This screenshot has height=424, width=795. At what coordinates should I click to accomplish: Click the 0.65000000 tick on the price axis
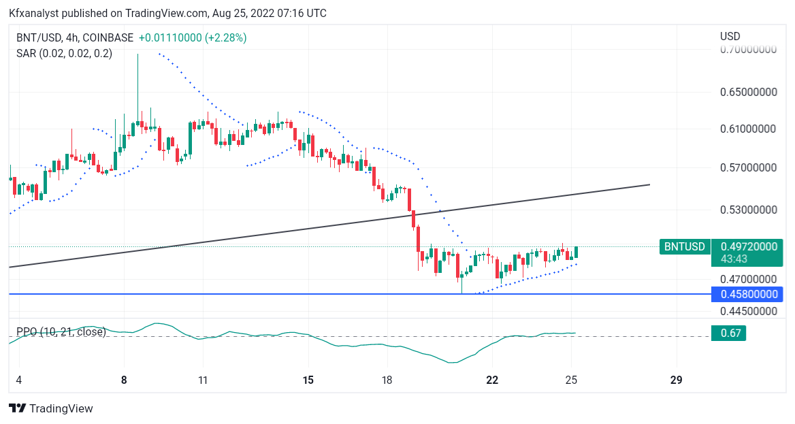tap(748, 93)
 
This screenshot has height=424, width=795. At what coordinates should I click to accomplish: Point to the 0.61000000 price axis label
tap(748, 129)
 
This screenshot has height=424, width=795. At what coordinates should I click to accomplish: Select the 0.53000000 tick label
tap(748, 210)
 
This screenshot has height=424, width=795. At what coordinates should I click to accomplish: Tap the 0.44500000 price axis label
tap(748, 311)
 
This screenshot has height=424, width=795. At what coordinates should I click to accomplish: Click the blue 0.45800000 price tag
tap(747, 294)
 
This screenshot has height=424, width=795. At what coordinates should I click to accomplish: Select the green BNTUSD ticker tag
tap(685, 246)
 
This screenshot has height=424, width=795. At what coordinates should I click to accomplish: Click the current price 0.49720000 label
tap(748, 246)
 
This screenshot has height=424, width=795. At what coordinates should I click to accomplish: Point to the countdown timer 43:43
tap(734, 259)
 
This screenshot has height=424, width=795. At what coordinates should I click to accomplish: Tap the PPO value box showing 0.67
tap(728, 333)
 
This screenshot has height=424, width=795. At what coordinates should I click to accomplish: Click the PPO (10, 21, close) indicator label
tap(61, 331)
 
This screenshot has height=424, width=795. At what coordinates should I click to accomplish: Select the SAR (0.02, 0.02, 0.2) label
tap(65, 53)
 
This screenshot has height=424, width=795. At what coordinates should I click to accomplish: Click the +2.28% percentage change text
tap(225, 37)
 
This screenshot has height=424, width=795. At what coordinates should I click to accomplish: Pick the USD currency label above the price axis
tap(730, 37)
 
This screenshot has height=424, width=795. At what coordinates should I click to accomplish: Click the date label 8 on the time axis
tap(124, 380)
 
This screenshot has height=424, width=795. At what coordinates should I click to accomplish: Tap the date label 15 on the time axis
tap(308, 380)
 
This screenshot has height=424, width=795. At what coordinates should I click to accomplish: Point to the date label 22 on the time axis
tap(492, 380)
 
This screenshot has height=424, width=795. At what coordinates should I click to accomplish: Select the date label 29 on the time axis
tap(676, 380)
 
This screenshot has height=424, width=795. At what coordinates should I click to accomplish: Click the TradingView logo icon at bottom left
tap(18, 408)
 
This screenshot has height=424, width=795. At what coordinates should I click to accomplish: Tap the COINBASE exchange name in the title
tap(108, 37)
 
